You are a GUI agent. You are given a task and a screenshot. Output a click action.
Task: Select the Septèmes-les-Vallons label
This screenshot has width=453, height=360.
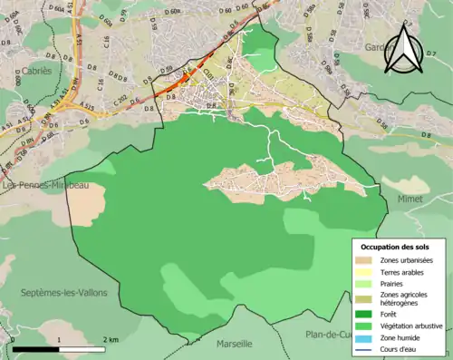tap(63, 292)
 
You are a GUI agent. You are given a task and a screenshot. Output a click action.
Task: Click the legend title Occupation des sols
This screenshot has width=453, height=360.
tap(397, 247)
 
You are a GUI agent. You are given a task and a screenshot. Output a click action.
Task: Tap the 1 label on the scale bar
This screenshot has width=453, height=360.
tap(59, 339)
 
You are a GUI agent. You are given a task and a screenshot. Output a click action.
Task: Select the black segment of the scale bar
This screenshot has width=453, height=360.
tap(36, 349)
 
